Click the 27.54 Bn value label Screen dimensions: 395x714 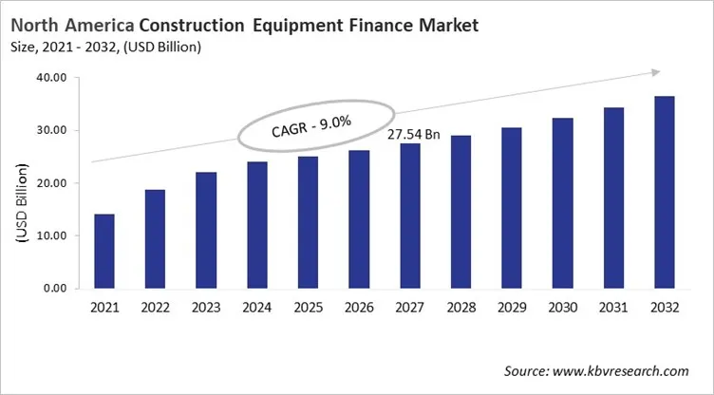point(414,135)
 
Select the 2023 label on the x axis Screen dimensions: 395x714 point(206,308)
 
